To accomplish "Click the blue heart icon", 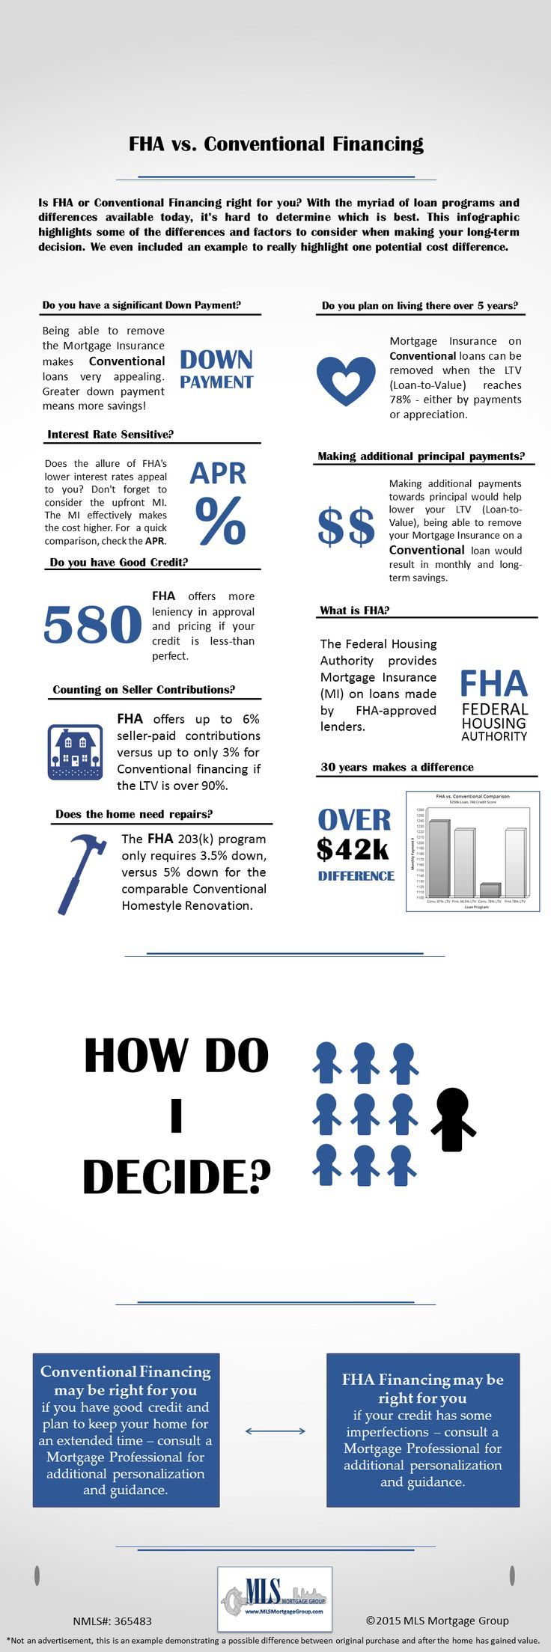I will (x=346, y=380).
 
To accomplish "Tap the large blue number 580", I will (x=93, y=625).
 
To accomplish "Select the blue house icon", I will (x=75, y=752).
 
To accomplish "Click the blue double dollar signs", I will (x=346, y=527).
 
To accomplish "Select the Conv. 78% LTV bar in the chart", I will (x=490, y=890).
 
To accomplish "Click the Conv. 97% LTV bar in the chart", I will (x=439, y=858).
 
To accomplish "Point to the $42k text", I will (x=353, y=849).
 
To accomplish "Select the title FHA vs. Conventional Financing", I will (x=275, y=144).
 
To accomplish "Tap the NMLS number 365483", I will (x=112, y=1621).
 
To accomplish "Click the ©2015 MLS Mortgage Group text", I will (x=437, y=1621).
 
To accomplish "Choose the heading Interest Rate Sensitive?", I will (x=111, y=435).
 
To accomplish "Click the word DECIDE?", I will (x=177, y=1177).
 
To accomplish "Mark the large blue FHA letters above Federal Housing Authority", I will (x=493, y=683).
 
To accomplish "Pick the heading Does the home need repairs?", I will (x=134, y=814).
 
